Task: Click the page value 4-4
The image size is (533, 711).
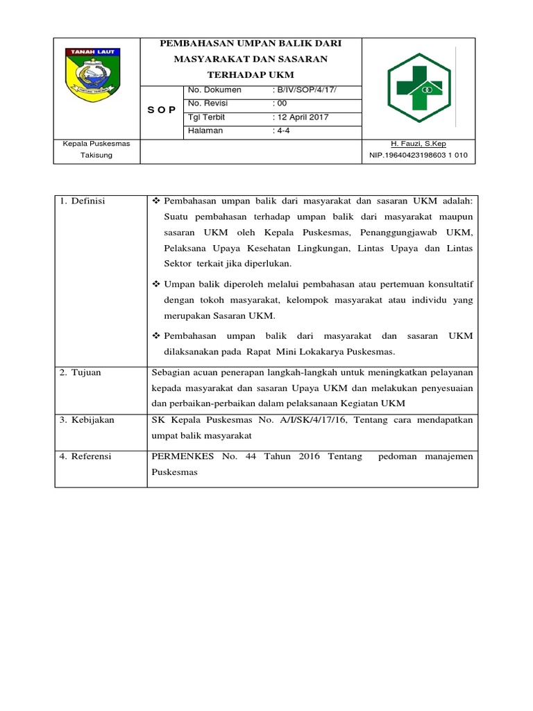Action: pyautogui.click(x=280, y=131)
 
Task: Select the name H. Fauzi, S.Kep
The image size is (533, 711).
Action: pyautogui.click(x=418, y=144)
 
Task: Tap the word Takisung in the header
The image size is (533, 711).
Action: pyautogui.click(x=97, y=156)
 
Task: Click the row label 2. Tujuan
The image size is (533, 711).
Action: pyautogui.click(x=80, y=372)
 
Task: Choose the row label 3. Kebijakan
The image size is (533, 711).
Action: pyautogui.click(x=86, y=420)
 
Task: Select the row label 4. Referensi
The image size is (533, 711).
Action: pyautogui.click(x=85, y=456)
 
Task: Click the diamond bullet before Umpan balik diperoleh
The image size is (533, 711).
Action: pyautogui.click(x=156, y=285)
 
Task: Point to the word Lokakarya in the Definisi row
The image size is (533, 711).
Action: pyautogui.click(x=330, y=352)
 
